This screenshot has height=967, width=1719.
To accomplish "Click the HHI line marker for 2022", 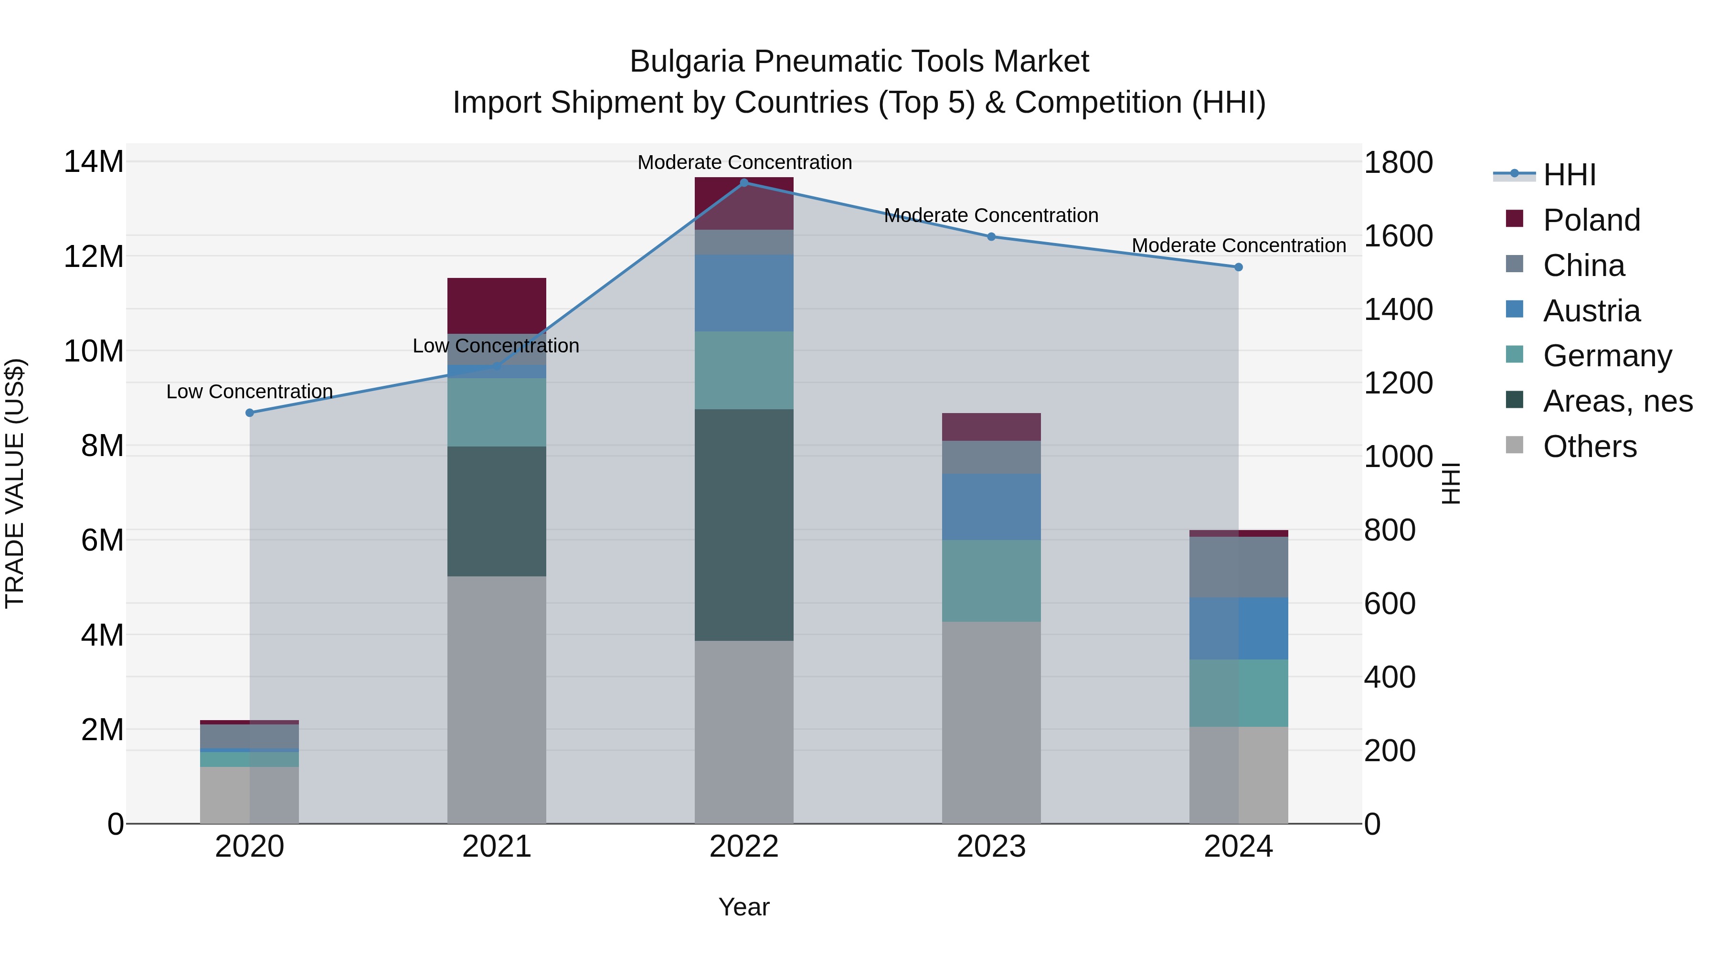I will click(x=744, y=182).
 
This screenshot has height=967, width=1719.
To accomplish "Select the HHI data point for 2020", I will click(x=250, y=413).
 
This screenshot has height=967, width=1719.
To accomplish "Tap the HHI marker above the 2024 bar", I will click(x=1239, y=267).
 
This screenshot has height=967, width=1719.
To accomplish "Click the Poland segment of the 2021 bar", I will click(x=497, y=305).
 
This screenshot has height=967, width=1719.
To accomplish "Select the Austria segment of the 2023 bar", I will click(x=991, y=507).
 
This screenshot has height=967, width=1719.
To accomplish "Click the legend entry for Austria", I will click(x=1591, y=311).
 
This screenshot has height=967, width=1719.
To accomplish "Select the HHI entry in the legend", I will click(x=1569, y=175).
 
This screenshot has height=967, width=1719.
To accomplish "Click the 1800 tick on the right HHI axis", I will click(x=1398, y=162).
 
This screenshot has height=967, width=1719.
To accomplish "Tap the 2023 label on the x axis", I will click(x=991, y=846).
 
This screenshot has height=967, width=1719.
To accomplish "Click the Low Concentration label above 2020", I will click(x=250, y=391).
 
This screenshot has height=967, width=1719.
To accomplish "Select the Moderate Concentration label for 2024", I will click(x=1239, y=245).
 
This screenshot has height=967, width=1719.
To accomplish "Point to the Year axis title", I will click(x=744, y=907).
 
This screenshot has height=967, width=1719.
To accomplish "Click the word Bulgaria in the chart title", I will click(x=687, y=62).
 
